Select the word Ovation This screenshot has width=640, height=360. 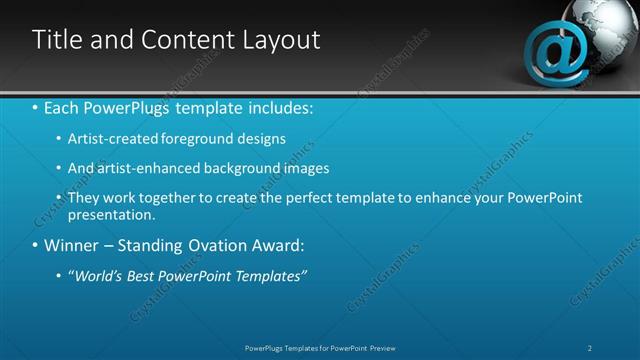coord(218,245)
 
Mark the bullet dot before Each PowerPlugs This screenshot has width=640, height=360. coord(36,108)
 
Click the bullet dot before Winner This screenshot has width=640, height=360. coord(36,245)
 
